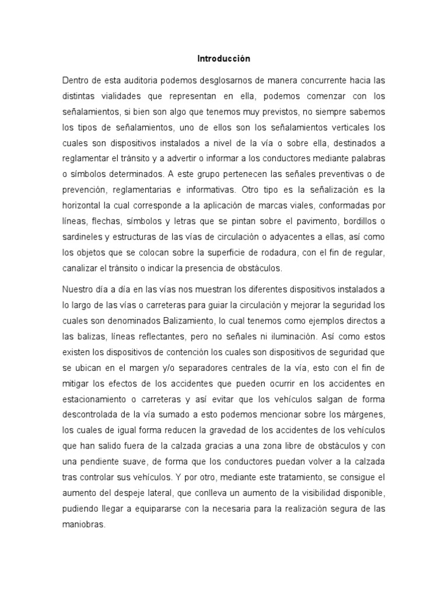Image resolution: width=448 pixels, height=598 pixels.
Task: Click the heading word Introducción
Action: coord(223,59)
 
